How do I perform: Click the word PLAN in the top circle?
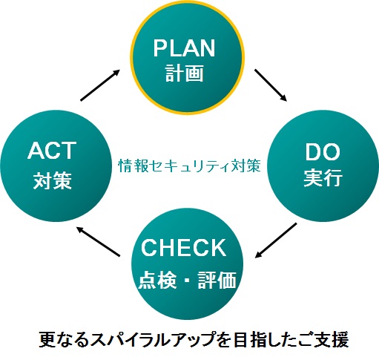pos(184,48)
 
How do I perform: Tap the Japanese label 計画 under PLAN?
pos(184,73)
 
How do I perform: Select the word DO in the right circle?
pos(323,152)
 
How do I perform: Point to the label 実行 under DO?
pos(323,177)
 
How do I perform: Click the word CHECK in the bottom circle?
pos(183,247)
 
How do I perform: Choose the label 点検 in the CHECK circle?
pos(157,280)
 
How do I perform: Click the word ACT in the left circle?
pos(52,151)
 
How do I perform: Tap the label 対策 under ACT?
pos(53,180)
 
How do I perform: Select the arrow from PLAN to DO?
pos(271,85)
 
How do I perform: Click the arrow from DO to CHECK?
pos(276,240)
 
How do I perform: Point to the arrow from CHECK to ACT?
pos(98,241)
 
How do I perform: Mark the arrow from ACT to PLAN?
pos(100,85)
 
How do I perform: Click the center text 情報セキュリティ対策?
pos(190,166)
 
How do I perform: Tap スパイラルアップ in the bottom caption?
pos(152,340)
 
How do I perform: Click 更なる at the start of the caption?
pos(65,340)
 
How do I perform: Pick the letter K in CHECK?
pos(217,247)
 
